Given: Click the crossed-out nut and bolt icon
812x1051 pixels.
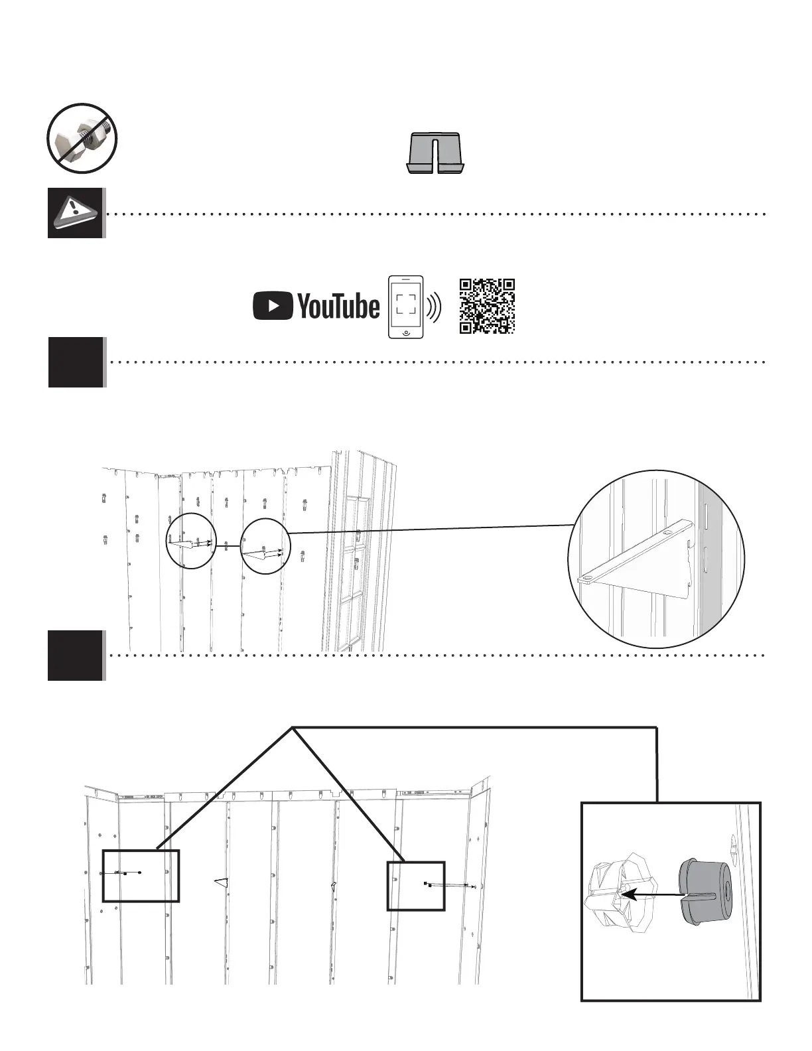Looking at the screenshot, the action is click(82, 139).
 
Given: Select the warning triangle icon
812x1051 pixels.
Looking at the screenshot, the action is click(76, 212).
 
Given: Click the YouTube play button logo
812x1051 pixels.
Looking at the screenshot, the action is click(273, 307).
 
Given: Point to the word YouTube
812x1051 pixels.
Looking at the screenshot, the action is click(338, 307).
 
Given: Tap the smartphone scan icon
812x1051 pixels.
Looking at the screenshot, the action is click(406, 307).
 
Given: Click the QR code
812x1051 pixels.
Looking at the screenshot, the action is click(487, 306).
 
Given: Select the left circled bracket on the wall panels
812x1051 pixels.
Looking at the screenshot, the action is click(191, 541).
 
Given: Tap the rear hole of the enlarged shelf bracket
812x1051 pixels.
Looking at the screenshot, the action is click(667, 533).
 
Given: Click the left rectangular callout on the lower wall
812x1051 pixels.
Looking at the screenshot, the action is click(141, 875).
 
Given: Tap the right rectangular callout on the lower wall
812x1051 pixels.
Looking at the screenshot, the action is click(416, 886).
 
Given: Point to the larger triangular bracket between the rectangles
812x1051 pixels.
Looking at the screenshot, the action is click(222, 882).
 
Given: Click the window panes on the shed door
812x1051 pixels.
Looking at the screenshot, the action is click(354, 571).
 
